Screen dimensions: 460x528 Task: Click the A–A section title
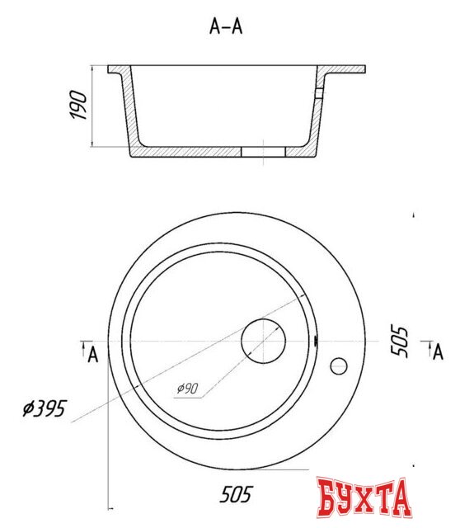[226, 26]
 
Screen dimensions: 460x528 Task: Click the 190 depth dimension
[79, 105]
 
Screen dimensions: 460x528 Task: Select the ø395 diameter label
[45, 408]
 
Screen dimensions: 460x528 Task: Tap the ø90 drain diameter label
[188, 389]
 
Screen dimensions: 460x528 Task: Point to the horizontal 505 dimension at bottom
[236, 494]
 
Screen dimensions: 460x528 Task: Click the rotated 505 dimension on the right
[400, 341]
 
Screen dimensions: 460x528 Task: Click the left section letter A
[93, 355]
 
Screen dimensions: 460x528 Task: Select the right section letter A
[438, 352]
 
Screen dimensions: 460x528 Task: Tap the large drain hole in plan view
[264, 341]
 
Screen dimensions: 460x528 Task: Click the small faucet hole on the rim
[339, 366]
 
